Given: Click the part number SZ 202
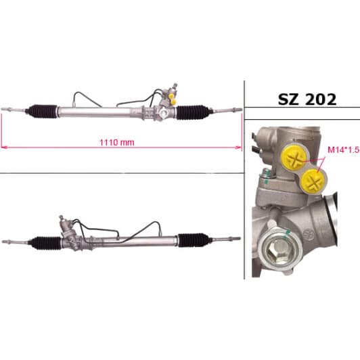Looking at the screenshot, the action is click(x=307, y=99).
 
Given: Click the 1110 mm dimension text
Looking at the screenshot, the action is click(x=117, y=143).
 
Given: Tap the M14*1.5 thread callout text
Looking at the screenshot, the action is click(x=343, y=150).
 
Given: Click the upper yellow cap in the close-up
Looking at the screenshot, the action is click(x=294, y=158).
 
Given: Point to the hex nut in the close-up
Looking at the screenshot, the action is click(x=278, y=249).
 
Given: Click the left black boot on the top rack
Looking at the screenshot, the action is click(x=42, y=111).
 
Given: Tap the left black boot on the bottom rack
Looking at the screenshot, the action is click(x=45, y=243).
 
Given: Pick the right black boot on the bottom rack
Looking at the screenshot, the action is click(x=194, y=240).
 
